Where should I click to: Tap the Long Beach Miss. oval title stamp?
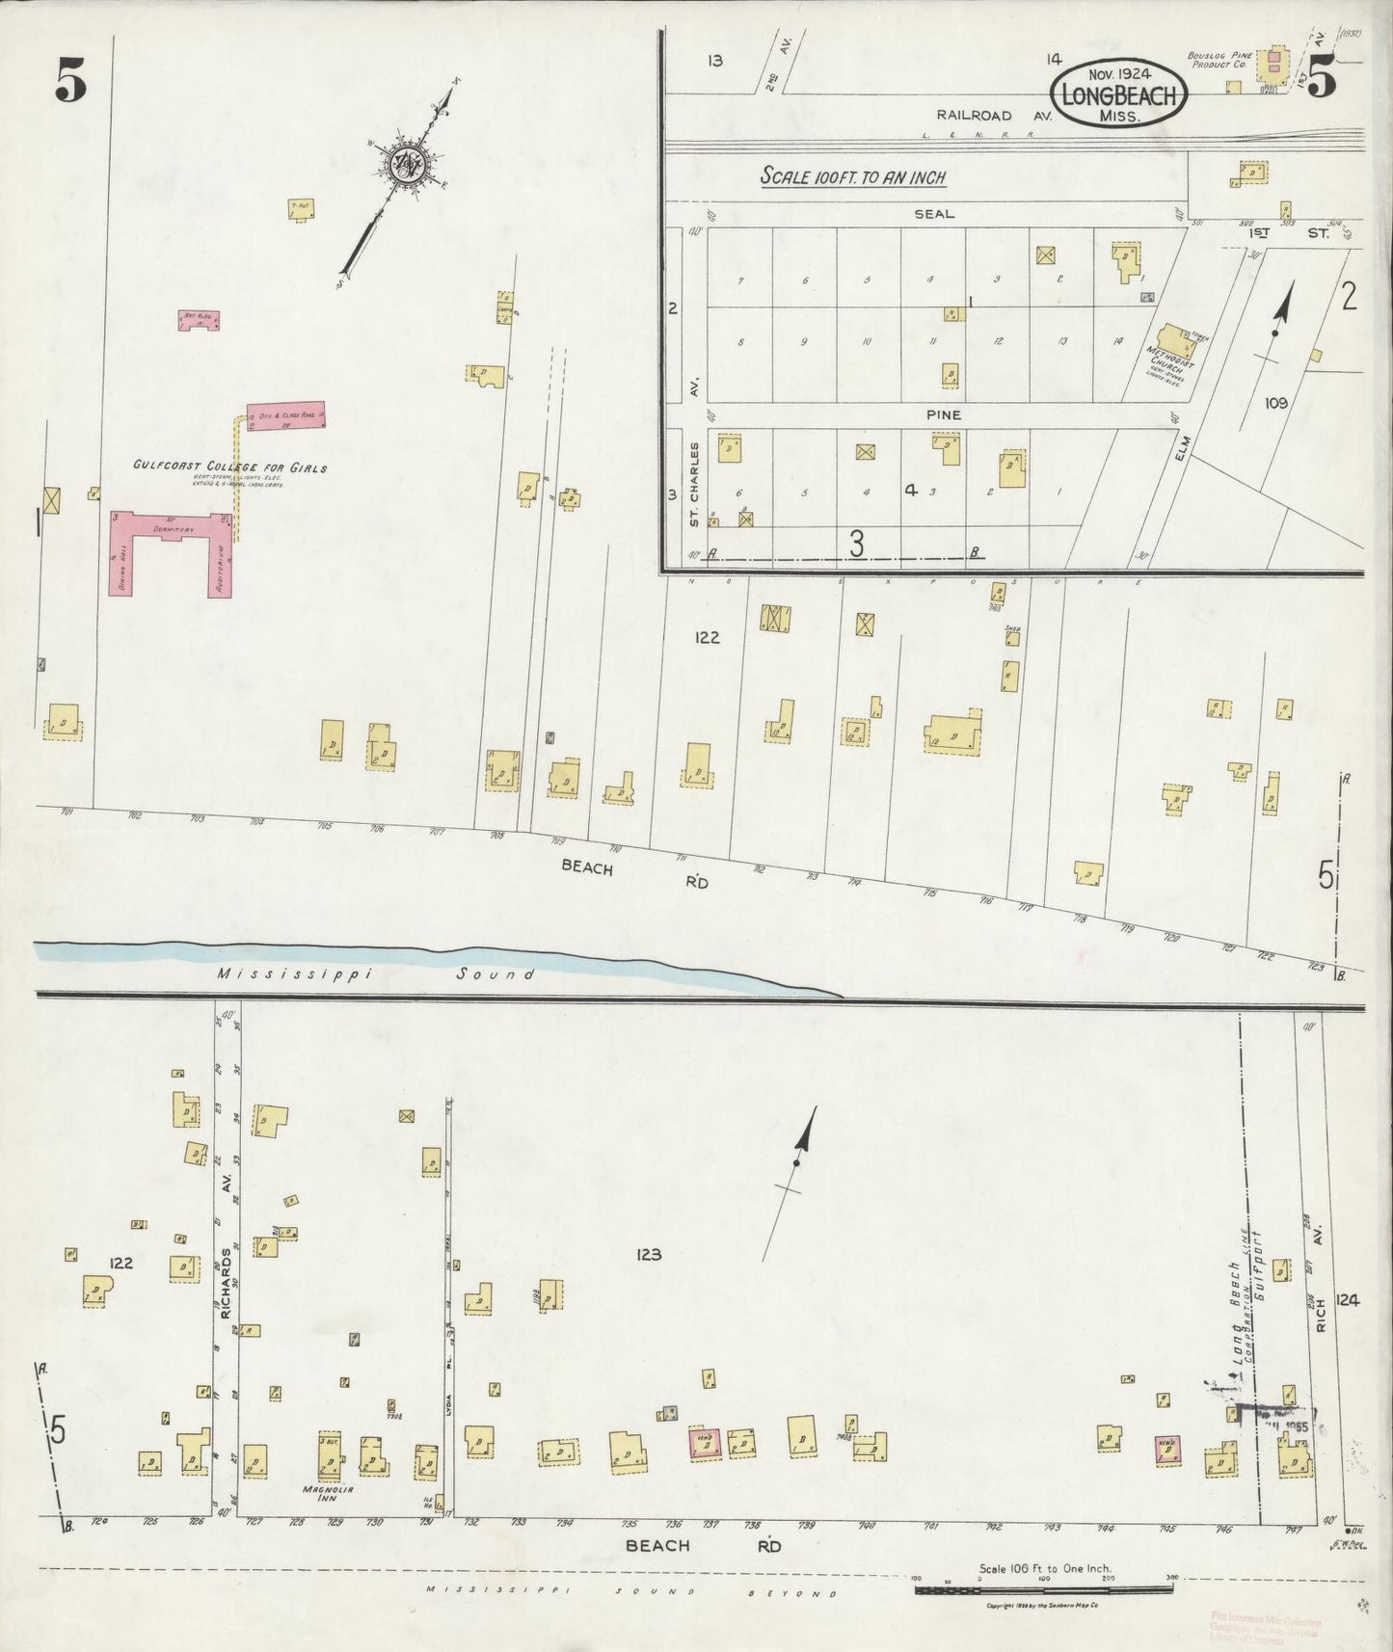coord(1118,93)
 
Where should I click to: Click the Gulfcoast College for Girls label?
coord(229,468)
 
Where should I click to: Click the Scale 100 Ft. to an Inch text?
coord(852,177)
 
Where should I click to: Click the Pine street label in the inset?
coord(944,414)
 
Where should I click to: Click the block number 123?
coord(649,1254)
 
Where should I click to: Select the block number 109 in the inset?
coord(1275,403)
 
